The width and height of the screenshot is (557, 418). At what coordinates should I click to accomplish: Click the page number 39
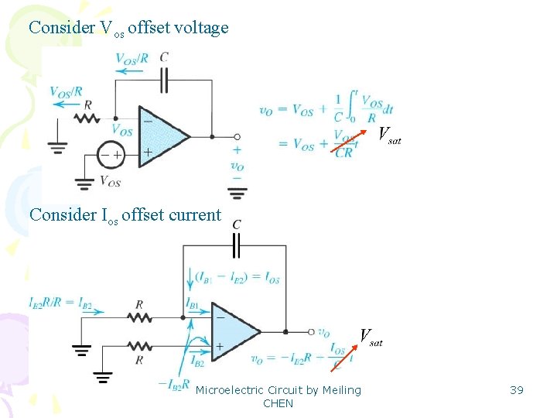517,390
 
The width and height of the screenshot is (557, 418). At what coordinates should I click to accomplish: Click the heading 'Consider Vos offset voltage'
128,28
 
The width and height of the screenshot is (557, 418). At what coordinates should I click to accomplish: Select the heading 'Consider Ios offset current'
125,215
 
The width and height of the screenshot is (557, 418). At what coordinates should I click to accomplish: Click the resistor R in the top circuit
87,118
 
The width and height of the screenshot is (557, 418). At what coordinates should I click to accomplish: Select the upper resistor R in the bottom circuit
138,316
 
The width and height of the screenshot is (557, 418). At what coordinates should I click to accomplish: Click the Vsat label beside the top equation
389,136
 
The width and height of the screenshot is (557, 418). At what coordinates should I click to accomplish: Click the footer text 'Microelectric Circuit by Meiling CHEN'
278,396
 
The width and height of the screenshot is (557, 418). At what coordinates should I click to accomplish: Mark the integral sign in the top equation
351,104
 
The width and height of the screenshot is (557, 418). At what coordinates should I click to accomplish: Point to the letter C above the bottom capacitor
237,224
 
